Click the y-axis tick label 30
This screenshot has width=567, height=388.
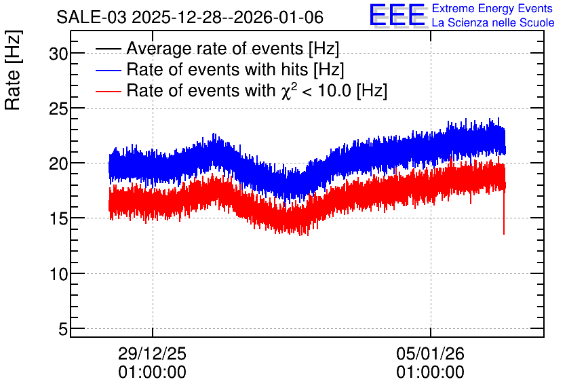coord(58,54)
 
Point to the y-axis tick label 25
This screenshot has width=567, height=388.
coord(58,109)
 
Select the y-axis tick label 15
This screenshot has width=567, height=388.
coord(58,219)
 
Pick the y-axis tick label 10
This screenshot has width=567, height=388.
coord(58,275)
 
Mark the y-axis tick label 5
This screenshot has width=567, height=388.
coord(63,330)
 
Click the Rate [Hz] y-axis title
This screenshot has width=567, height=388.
coord(13,70)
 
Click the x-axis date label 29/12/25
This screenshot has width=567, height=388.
coord(152,353)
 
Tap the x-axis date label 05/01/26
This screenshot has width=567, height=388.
coord(430,353)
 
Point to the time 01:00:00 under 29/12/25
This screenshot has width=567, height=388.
coord(152,372)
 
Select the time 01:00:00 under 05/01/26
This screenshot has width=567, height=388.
coord(430,372)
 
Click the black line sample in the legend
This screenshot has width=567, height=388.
coord(108,49)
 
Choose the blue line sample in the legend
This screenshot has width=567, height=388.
coord(108,70)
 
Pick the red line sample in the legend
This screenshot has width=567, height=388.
coord(108,92)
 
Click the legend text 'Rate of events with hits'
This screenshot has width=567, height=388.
coord(217,69)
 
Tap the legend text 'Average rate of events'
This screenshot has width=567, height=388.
coord(215,48)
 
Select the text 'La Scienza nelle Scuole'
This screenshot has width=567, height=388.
coord(493,22)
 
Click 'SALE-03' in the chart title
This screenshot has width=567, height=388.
coord(92,18)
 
